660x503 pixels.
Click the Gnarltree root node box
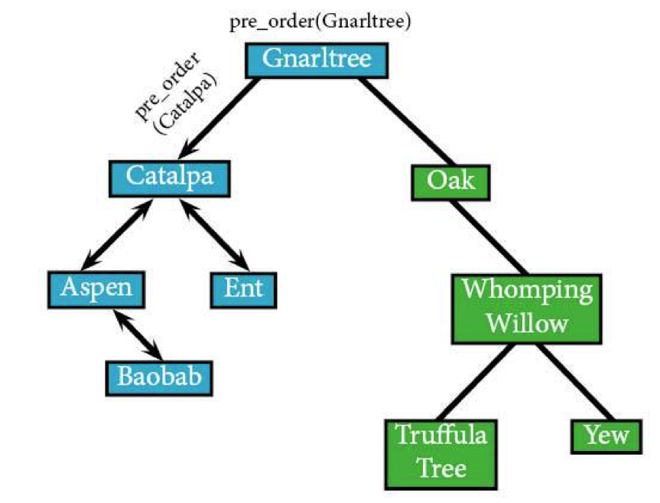pos(317,60)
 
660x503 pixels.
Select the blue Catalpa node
pos(170,178)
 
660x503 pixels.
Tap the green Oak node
pos(450,182)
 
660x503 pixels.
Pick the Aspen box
pos(96,289)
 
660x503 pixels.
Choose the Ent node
pos(244,290)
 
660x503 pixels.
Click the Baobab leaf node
pos(159,378)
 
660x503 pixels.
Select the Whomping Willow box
pos(527,309)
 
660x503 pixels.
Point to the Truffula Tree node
pos(441,454)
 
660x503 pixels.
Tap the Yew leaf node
pos(606,436)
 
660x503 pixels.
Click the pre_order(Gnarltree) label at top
pos(320,21)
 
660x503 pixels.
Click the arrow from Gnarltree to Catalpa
pos(219,118)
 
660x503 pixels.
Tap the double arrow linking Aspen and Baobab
pos(138,335)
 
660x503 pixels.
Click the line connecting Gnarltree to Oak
pos(407,121)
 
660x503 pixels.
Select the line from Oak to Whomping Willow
pos(488,237)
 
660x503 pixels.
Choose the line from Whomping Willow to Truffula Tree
pos(476,381)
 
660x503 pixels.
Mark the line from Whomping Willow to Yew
pos(575,381)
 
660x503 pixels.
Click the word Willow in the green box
pos(528,323)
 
